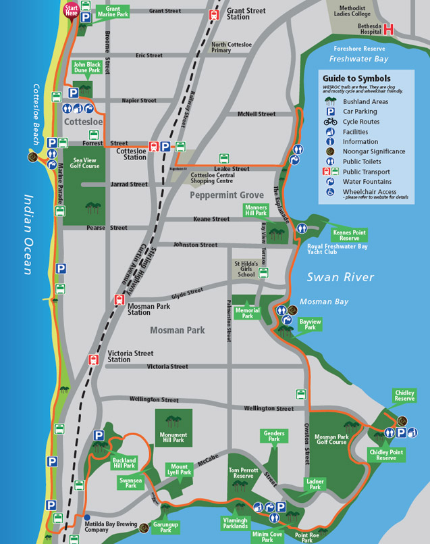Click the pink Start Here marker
point(70,9)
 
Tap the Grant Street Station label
point(247,14)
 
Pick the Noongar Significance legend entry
point(373,151)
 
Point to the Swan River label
point(340,277)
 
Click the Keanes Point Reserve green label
point(349,235)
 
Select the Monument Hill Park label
point(173,437)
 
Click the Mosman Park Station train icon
point(119,301)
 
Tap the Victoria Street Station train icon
point(94,360)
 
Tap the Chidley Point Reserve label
point(385,455)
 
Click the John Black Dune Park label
point(86,67)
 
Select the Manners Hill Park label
point(257,210)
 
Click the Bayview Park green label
point(310,324)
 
